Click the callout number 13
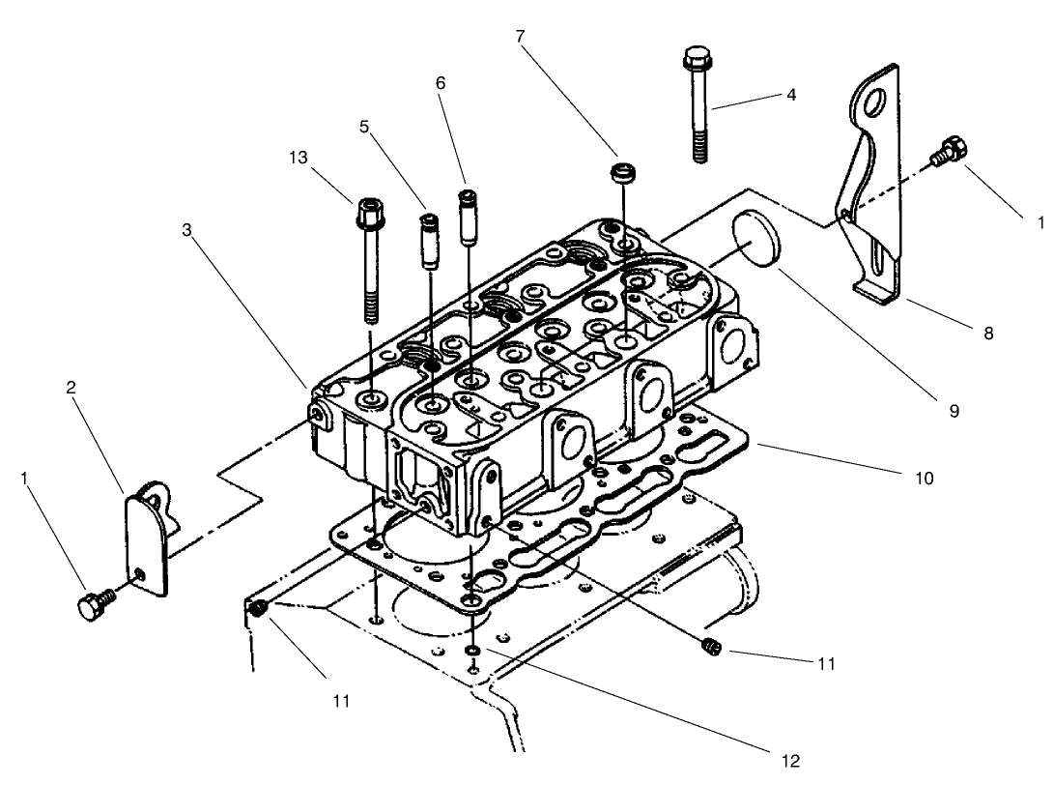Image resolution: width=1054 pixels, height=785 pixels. pyautogui.click(x=299, y=158)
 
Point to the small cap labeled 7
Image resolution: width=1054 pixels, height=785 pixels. pyautogui.click(x=625, y=178)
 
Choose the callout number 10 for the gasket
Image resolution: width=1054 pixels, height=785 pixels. pyautogui.click(x=924, y=478)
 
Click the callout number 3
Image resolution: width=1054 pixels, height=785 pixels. pyautogui.click(x=187, y=230)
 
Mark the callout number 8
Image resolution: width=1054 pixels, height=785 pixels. pyautogui.click(x=987, y=334)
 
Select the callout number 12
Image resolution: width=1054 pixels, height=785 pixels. pyautogui.click(x=790, y=761)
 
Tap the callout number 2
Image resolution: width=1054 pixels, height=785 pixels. pyautogui.click(x=71, y=388)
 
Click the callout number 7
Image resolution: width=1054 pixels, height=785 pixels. pyautogui.click(x=520, y=37)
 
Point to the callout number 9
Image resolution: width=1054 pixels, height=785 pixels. pyautogui.click(x=953, y=411)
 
